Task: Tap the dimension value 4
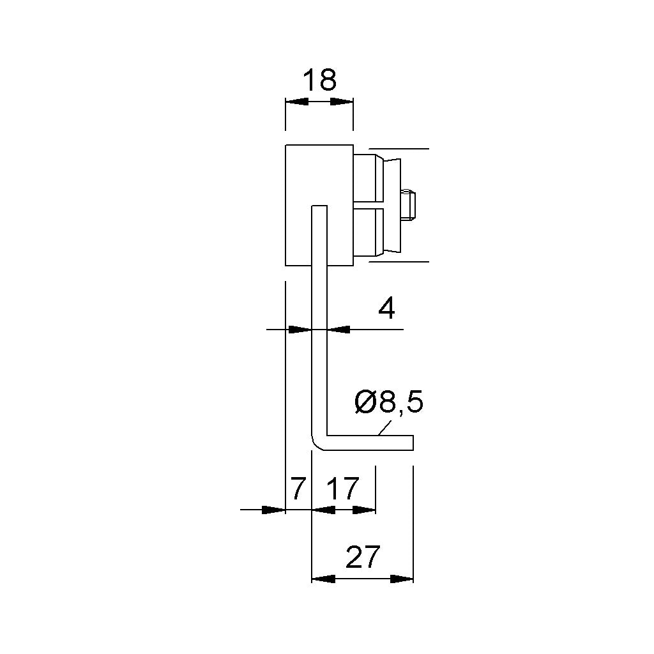pos(386,309)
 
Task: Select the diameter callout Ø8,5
pos(389,402)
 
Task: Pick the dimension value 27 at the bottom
pos(363,556)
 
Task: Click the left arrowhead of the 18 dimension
pos(296,102)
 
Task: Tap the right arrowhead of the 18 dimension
pos(342,102)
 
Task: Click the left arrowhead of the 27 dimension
pos(324,579)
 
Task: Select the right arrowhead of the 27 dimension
pos(402,579)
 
